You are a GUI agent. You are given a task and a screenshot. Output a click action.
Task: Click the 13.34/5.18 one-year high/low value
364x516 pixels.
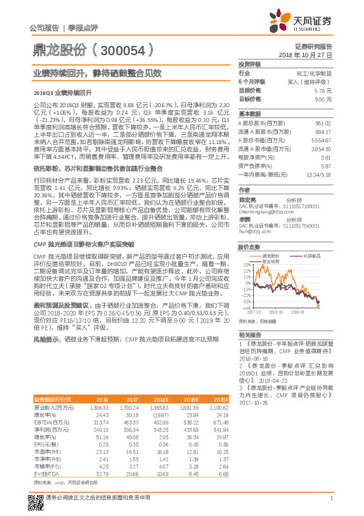click(x=319, y=175)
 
